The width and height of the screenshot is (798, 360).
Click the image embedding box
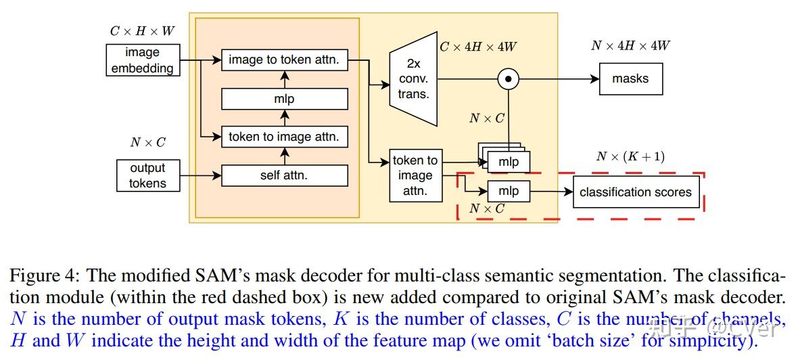coord(142,60)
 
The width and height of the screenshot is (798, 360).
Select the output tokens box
coord(147,175)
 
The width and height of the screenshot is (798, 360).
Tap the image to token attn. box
coord(284,60)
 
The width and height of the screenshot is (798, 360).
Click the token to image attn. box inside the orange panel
coord(284,137)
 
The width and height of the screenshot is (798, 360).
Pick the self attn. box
coord(284,175)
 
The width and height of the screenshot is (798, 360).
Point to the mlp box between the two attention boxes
coord(284,99)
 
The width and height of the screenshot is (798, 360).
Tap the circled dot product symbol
coord(508,79)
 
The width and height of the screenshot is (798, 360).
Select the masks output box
coord(630,79)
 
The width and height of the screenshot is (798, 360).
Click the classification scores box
coord(635,192)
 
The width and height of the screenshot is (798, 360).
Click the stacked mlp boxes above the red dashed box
coord(506,160)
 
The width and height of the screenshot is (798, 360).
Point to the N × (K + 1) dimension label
coord(630,157)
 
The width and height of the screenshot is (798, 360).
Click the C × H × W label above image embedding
coord(142,31)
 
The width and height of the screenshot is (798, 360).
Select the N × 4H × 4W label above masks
coord(630,46)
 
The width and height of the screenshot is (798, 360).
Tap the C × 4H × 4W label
coord(479,47)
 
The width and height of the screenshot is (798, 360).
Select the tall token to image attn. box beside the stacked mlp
coord(415,176)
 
